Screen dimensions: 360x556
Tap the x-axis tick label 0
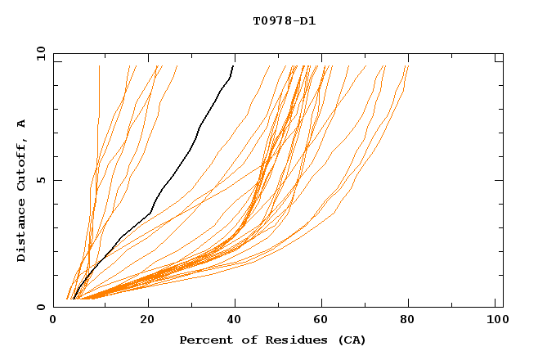[x=54, y=321]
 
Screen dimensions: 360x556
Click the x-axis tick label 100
[x=495, y=321]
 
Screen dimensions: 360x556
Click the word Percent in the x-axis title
[x=205, y=340]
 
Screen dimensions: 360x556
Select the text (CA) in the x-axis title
[x=352, y=340]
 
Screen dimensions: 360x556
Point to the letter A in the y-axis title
[x=22, y=124]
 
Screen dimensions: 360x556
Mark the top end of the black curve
[x=234, y=65]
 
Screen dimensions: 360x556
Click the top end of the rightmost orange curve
[x=408, y=65]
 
